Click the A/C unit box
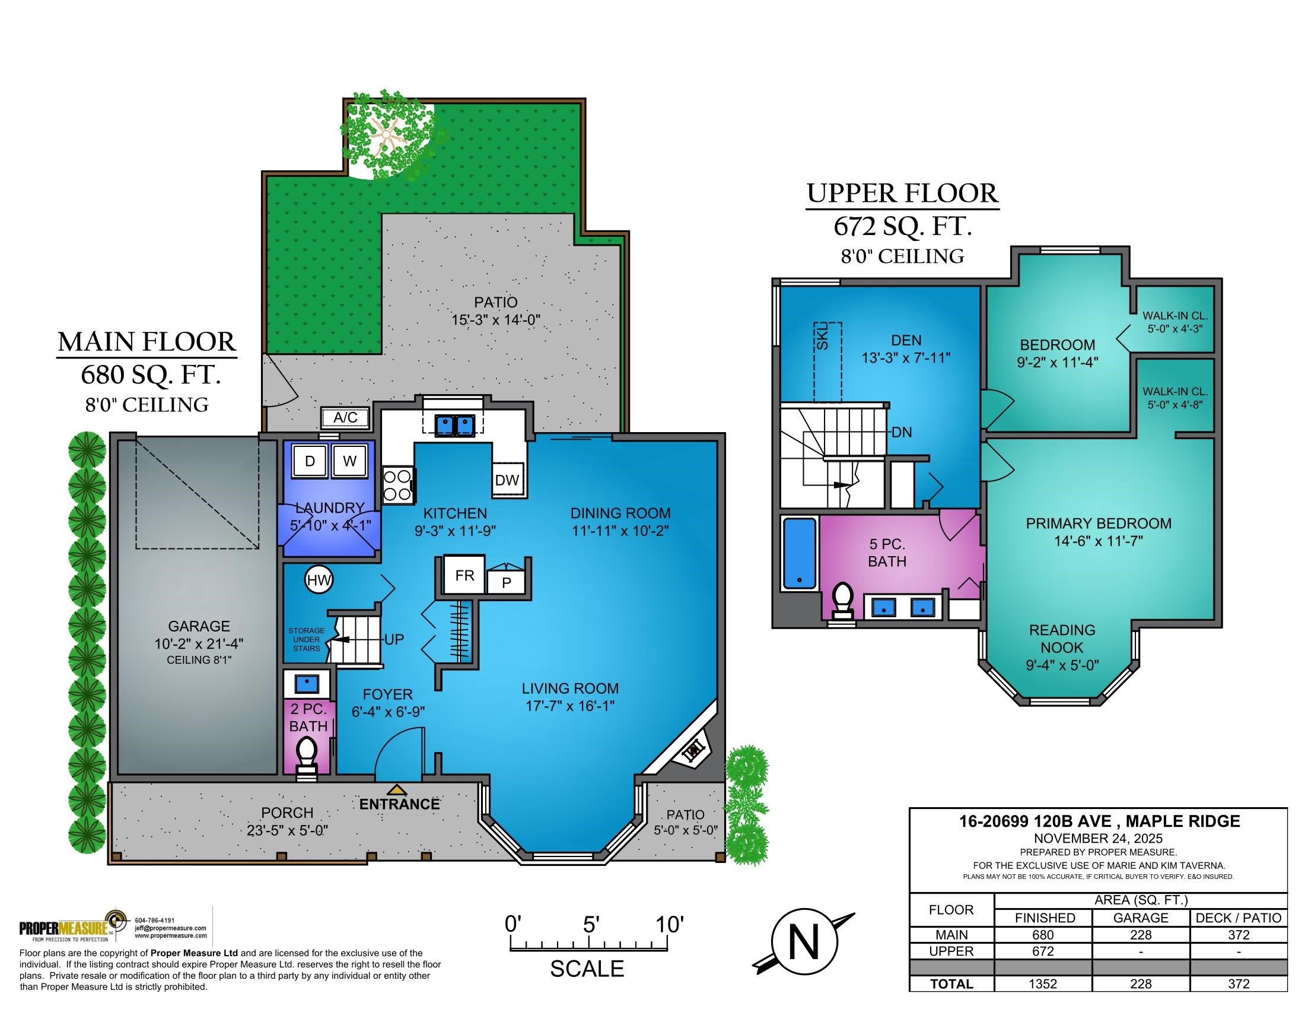click(x=346, y=417)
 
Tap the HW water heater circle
click(x=319, y=580)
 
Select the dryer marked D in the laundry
click(x=310, y=461)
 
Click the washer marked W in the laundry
click(x=349, y=461)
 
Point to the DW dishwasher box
click(x=507, y=480)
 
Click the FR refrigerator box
click(x=465, y=575)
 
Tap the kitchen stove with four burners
click(x=397, y=486)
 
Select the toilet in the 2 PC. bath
click(x=307, y=755)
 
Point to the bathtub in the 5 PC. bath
click(x=800, y=554)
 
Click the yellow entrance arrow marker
click(x=397, y=790)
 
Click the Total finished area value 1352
click(x=1043, y=984)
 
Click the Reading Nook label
click(x=1062, y=639)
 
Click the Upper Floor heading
click(x=902, y=193)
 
